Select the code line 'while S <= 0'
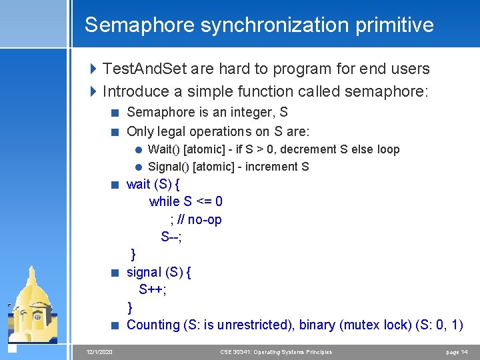tap(186, 201)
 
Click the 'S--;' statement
tap(171, 237)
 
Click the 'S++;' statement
tap(153, 289)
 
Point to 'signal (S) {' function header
tap(159, 272)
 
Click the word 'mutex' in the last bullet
tap(363, 325)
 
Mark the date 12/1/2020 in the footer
tap(99, 352)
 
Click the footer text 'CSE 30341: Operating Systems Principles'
tap(276, 352)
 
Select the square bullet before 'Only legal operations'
tap(115, 131)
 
